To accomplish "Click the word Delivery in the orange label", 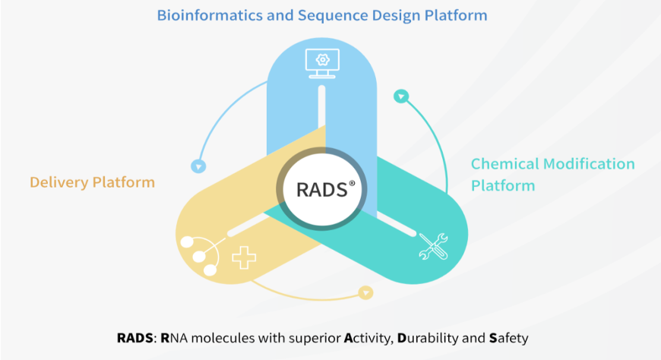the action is (59, 182).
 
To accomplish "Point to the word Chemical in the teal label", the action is (505, 163).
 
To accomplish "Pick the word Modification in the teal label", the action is (589, 163).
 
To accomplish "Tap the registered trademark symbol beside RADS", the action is (352, 183).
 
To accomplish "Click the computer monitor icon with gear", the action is (322, 64).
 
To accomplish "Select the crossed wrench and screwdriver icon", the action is (433, 246).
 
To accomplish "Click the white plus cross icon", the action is (244, 258).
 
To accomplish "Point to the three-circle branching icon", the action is (202, 255).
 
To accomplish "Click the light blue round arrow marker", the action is (198, 166).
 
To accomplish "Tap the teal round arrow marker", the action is (401, 96).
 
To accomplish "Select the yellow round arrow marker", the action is (365, 292).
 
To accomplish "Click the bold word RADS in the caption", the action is (135, 338).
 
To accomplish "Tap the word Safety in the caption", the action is (509, 338).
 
